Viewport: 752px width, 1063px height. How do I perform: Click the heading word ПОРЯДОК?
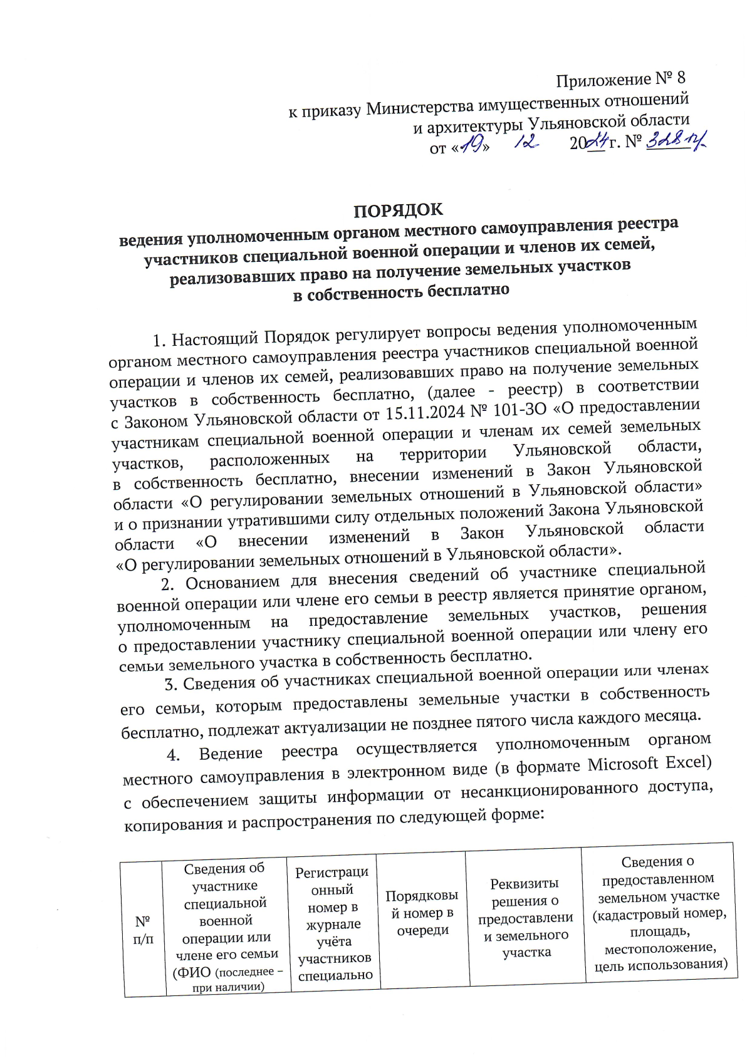[x=398, y=210]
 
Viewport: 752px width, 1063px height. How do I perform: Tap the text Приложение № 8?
[x=620, y=80]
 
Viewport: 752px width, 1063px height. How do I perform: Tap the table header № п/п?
[x=143, y=930]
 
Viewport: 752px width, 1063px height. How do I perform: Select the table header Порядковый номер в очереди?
[x=422, y=913]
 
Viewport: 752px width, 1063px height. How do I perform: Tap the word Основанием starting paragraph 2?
[x=232, y=583]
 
